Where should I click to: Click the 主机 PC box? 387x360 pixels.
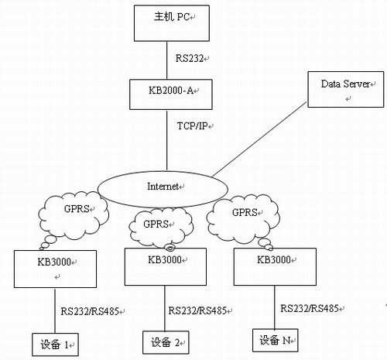(172, 23)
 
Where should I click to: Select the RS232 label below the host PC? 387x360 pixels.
(190, 58)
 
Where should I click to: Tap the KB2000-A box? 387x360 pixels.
(171, 94)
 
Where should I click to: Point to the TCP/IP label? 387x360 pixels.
(193, 126)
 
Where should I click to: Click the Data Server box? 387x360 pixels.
(346, 89)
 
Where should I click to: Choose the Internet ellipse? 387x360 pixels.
(163, 189)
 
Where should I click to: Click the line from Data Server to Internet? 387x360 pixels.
(259, 139)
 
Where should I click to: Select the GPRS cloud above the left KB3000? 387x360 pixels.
(74, 216)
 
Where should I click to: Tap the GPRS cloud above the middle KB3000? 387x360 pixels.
(161, 227)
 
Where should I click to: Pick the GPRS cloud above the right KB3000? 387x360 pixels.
(243, 219)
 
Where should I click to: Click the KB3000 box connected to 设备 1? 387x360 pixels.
(55, 269)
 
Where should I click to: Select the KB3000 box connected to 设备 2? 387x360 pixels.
(166, 267)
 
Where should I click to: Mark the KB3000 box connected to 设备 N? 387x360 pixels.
(275, 267)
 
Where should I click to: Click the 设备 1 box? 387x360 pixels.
(55, 345)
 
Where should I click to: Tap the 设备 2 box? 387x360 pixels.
(166, 342)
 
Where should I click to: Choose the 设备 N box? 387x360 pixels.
(276, 340)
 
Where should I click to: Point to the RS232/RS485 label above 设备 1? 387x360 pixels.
(90, 311)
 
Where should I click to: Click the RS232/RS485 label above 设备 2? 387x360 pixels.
(197, 310)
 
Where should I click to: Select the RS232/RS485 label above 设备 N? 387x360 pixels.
(310, 308)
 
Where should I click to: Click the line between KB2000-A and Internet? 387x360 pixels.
(167, 140)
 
